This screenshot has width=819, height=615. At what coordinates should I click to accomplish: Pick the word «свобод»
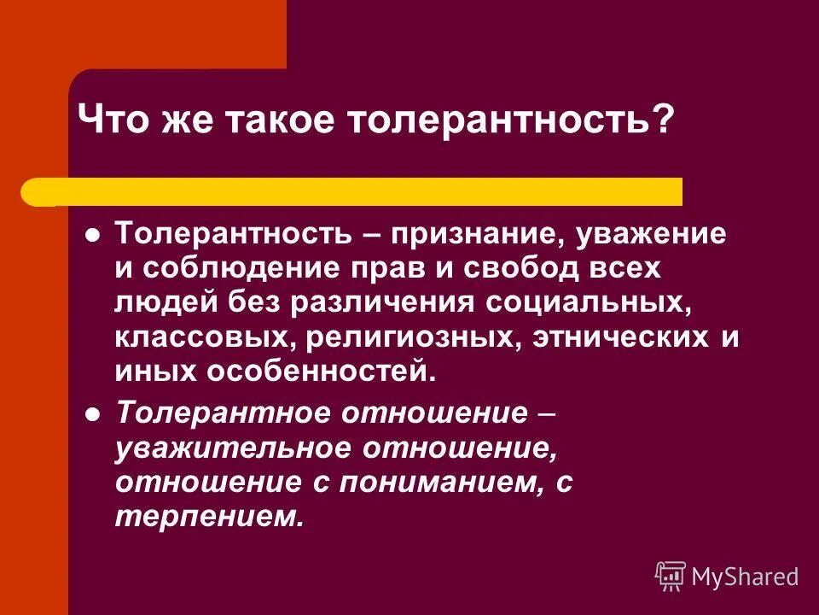[530, 268]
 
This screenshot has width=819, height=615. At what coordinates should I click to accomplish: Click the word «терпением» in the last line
[208, 517]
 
